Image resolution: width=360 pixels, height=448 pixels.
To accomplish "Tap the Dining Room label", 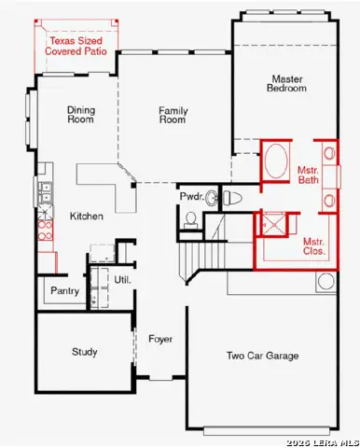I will click(x=81, y=115).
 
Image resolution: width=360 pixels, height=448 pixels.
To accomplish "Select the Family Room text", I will click(x=173, y=115).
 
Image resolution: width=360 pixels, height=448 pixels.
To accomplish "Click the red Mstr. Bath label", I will click(x=308, y=176).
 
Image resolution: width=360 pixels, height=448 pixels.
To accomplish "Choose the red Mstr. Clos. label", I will click(x=313, y=245).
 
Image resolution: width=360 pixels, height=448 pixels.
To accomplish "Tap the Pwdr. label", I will click(x=190, y=197).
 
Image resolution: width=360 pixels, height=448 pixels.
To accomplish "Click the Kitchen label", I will click(x=86, y=217).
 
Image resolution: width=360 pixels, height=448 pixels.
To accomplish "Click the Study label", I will click(x=85, y=352).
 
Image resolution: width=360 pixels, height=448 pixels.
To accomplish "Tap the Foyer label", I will click(x=161, y=339).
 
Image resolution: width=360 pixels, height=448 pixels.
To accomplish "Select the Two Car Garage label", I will click(x=263, y=356).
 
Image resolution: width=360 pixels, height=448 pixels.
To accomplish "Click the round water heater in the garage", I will click(x=327, y=281).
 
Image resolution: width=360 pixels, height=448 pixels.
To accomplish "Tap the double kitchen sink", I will click(x=44, y=194).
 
